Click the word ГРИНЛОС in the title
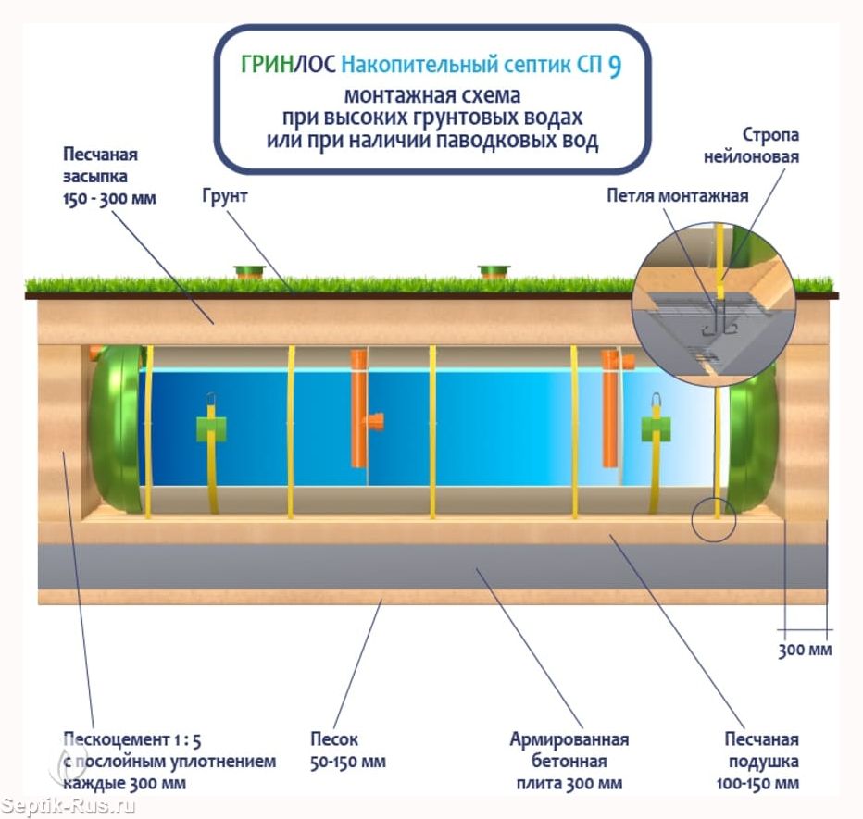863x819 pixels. pos(288,65)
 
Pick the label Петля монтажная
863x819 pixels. pos(677,196)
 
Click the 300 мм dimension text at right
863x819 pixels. pos(805,650)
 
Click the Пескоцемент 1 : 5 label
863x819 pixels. pos(131,739)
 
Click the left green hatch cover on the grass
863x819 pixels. pos(249,271)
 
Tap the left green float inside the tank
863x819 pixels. pos(212,428)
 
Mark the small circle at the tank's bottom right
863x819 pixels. pos(713,521)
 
